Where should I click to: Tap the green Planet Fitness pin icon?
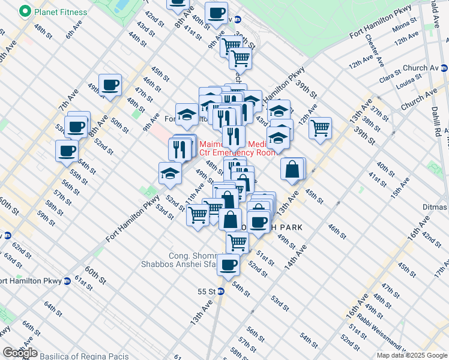(25, 11)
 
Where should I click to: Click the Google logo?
(20, 353)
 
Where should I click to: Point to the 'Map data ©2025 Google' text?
(412, 355)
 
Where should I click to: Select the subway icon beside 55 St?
(221, 292)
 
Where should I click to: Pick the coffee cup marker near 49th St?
(110, 85)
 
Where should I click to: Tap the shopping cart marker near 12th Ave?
(321, 127)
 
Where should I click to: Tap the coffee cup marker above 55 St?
(228, 264)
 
